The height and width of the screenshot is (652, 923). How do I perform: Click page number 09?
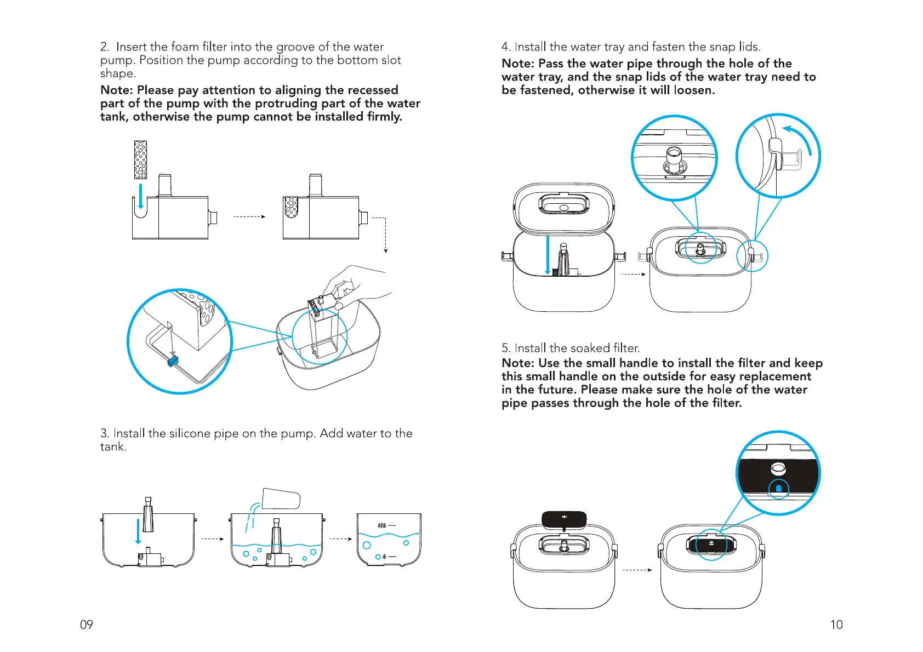(87, 625)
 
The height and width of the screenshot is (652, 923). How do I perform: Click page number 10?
(836, 625)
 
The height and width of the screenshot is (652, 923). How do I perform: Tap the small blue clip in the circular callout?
(173, 362)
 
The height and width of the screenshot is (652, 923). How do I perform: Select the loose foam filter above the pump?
(141, 160)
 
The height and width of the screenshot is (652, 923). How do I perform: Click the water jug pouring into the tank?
(281, 499)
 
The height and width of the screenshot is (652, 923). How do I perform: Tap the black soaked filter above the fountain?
(564, 518)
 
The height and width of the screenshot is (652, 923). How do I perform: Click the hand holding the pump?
(356, 285)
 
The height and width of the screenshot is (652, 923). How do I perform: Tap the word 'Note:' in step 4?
(518, 64)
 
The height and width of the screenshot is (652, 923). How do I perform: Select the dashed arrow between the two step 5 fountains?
(637, 570)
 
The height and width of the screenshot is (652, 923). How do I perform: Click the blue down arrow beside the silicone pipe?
(138, 531)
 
